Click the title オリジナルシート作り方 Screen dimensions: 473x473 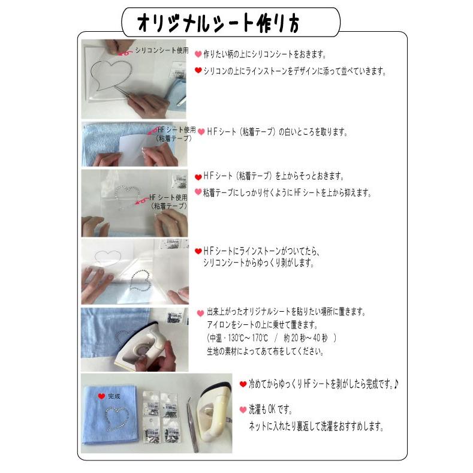point(219,23)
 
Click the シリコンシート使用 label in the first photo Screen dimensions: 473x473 point(161,50)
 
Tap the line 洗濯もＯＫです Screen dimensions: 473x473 point(273,410)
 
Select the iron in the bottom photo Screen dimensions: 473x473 point(213,414)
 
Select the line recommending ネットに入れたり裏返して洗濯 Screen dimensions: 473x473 point(315,427)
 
